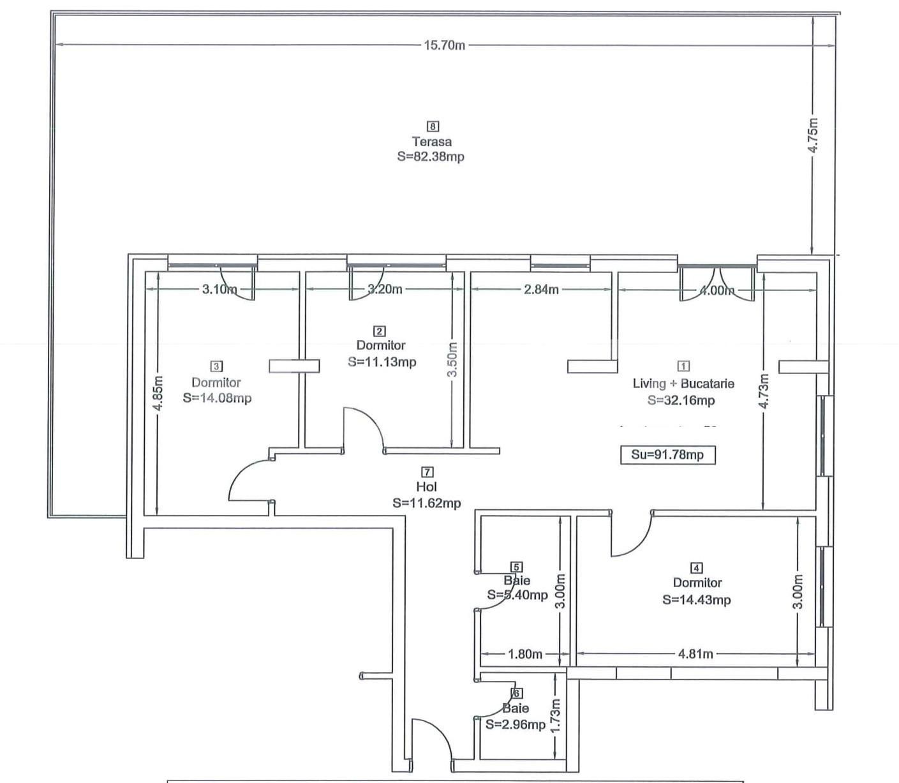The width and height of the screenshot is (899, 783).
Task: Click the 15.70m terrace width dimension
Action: pyautogui.click(x=445, y=45)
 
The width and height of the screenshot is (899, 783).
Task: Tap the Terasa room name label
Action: pyautogui.click(x=432, y=142)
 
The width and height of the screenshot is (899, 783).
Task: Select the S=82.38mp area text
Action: pyautogui.click(x=431, y=156)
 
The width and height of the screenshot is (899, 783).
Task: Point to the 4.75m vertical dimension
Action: pyautogui.click(x=813, y=135)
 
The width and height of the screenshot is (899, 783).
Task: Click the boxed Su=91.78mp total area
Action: pyautogui.click(x=667, y=455)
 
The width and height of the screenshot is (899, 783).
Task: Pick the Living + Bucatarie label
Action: pyautogui.click(x=683, y=384)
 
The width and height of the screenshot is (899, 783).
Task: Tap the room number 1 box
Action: pyautogui.click(x=683, y=366)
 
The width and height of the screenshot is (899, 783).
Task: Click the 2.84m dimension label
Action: pyautogui.click(x=541, y=290)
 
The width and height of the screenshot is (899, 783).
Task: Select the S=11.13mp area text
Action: pyautogui.click(x=382, y=362)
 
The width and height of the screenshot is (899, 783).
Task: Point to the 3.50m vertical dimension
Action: pyautogui.click(x=452, y=359)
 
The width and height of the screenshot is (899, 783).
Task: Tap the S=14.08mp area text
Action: pyautogui.click(x=217, y=398)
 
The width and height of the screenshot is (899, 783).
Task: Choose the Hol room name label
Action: pyautogui.click(x=426, y=487)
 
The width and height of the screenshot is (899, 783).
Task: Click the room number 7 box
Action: pyautogui.click(x=427, y=472)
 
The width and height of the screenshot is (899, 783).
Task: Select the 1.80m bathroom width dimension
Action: pyautogui.click(x=525, y=654)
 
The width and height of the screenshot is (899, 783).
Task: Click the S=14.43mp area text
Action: pyautogui.click(x=697, y=600)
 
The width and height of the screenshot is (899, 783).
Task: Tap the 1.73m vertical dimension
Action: pyautogui.click(x=555, y=715)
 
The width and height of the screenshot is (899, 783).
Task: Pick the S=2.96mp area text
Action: pyautogui.click(x=516, y=725)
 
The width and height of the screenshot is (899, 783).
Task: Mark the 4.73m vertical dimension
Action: pyautogui.click(x=764, y=391)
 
